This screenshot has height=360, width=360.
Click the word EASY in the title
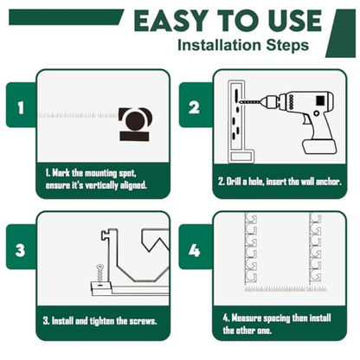[170, 21]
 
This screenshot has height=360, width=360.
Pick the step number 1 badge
[21, 105]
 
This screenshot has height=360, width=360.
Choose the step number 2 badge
[195, 105]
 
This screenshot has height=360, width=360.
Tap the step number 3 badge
[21, 247]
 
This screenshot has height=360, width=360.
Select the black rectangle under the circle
[134, 136]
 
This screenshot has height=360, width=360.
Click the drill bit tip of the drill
[241, 102]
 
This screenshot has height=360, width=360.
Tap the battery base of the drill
[319, 146]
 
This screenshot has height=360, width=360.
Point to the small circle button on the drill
[317, 113]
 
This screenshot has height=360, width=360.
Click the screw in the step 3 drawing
[100, 273]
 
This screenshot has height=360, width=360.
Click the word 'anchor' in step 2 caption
[329, 182]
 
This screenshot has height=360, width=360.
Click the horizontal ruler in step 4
[286, 288]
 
